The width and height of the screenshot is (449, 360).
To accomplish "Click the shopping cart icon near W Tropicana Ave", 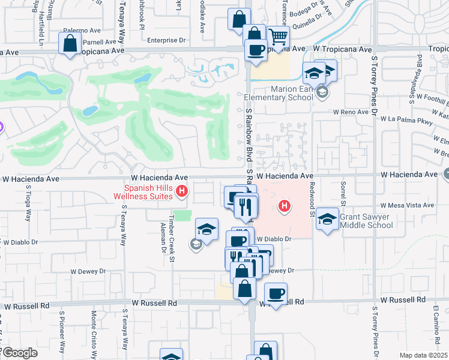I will [278, 37].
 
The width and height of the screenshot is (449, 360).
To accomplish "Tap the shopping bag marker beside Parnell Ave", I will [70, 43].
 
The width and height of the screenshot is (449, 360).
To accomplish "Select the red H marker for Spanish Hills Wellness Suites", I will [182, 192].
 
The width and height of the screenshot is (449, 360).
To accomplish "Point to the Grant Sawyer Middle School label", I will [367, 221].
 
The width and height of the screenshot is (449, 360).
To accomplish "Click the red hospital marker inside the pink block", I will [285, 208].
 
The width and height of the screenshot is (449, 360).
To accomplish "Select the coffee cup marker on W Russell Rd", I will [276, 294].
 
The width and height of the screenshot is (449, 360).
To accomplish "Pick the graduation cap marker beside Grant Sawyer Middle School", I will [327, 219].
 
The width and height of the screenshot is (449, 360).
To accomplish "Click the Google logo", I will [19, 353].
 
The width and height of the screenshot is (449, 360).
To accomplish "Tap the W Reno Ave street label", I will [351, 112].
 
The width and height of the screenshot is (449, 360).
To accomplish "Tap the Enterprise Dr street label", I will [163, 41].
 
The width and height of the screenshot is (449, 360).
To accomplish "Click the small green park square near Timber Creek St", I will [182, 215].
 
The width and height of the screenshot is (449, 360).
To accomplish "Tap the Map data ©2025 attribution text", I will [423, 355].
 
